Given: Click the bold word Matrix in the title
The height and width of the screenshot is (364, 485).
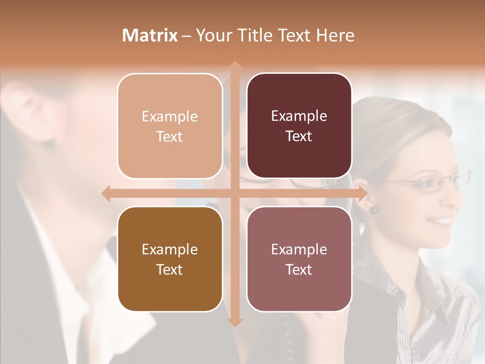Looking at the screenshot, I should coord(150,35).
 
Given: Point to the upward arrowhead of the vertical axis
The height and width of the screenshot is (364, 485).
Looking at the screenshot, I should coord(234,65).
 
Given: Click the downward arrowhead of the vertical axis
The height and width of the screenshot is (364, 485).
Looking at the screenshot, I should coord(234,322).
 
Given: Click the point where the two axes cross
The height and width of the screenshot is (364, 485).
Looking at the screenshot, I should coord(234,193).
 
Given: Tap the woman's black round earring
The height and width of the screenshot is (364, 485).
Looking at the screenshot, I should coord(373,209).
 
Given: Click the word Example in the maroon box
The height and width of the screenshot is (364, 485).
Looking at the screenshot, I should coord(299,116).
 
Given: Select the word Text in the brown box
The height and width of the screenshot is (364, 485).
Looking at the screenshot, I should coord(170,269).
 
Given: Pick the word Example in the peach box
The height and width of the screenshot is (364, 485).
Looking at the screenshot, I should coord(170,117).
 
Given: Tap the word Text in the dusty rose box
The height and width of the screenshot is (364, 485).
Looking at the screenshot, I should coord(299,269).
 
